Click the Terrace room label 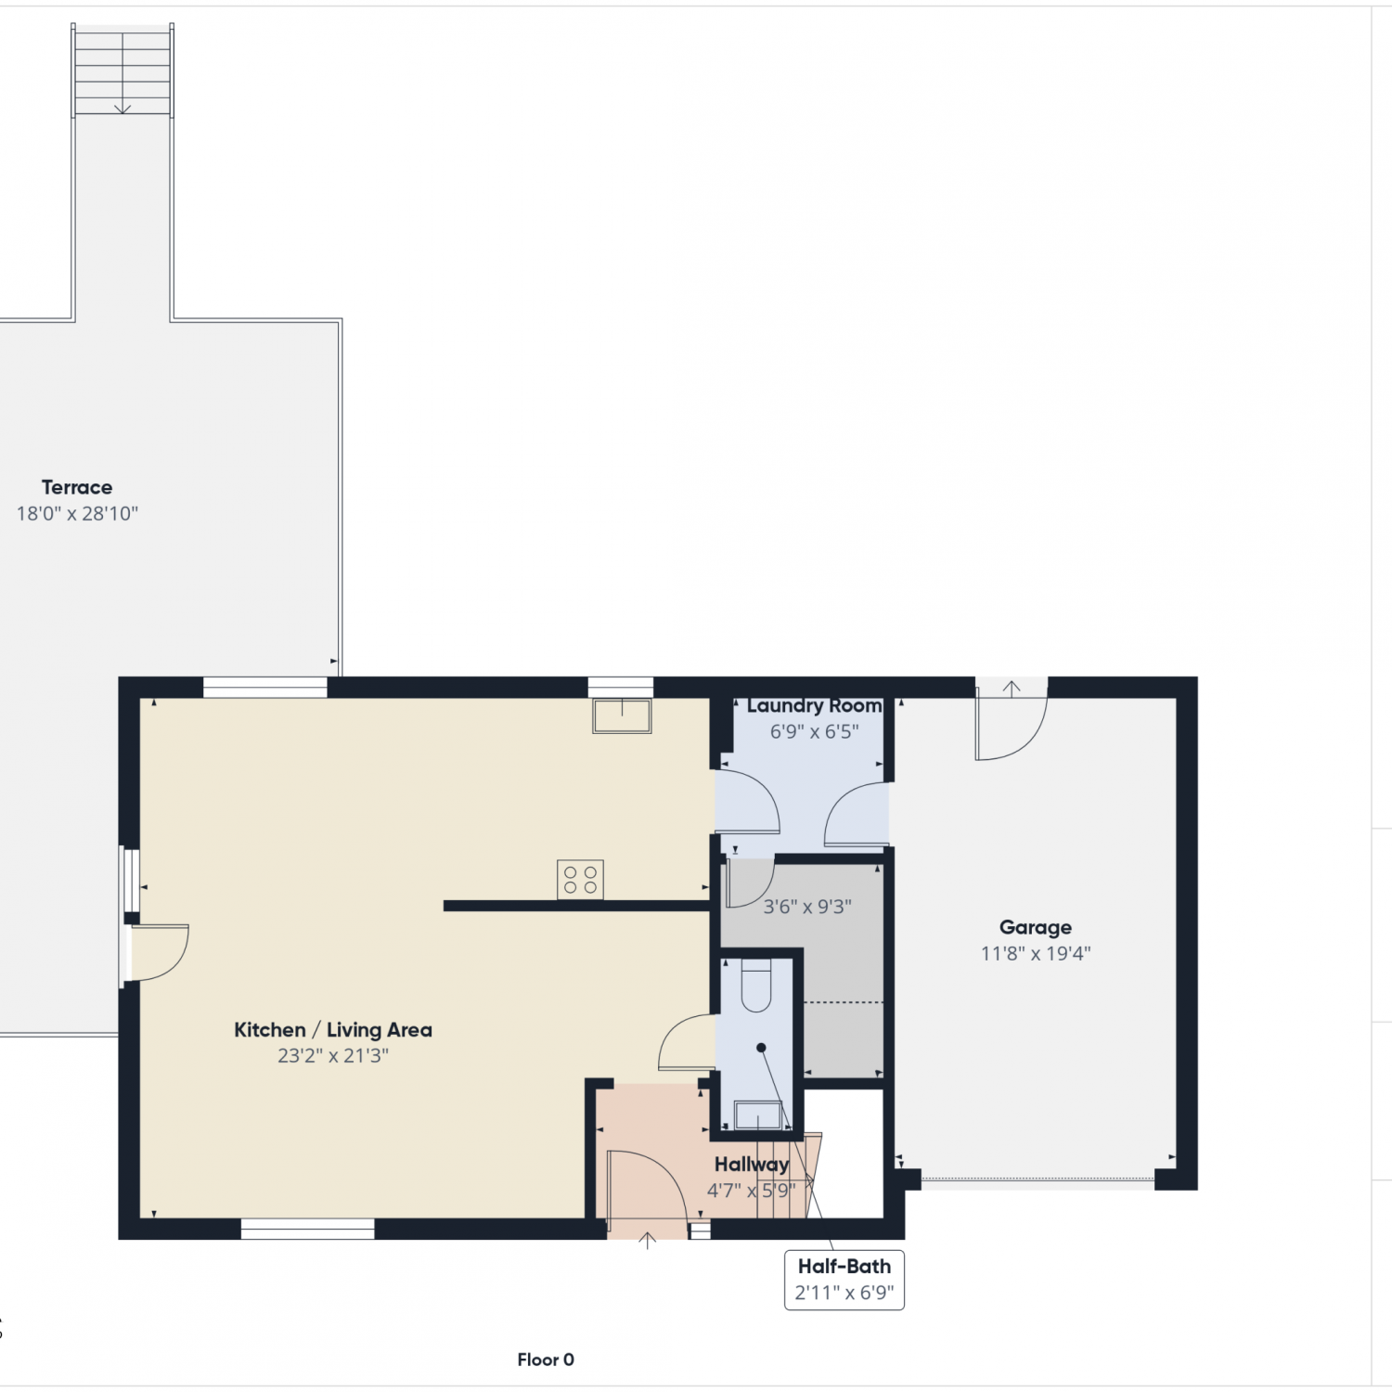point(77,487)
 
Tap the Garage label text point(1036,927)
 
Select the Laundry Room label point(814,706)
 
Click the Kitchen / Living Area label point(333,1030)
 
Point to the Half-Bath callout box point(844,1280)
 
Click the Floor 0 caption point(546,1360)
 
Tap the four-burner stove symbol point(580,880)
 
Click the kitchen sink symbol point(622,716)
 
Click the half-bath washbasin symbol point(758,1115)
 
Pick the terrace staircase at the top point(122,71)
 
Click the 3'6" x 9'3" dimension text point(807,907)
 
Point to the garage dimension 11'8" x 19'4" point(1036,953)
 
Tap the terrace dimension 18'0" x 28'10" point(77,513)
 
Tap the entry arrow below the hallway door point(648,1241)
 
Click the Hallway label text point(752,1165)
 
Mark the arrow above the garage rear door point(1012,690)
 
